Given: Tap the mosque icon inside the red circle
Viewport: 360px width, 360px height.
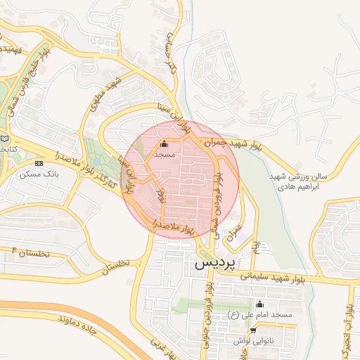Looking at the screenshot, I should coord(165,144).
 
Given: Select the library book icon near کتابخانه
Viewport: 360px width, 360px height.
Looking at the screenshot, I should coord(6,138).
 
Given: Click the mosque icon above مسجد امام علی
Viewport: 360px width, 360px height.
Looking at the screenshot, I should coord(260,304).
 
